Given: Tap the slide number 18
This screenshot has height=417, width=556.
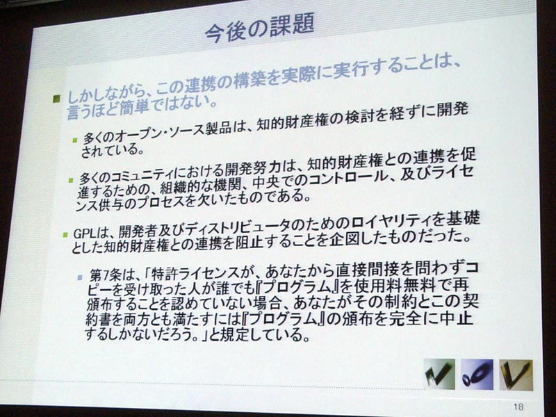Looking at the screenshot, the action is pos(518,407).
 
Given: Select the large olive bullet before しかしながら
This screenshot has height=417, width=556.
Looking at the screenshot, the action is pos(56,99).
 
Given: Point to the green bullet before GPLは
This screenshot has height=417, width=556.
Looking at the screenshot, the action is pos(65,235).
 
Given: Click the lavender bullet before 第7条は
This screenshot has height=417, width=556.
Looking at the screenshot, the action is pos(80,277).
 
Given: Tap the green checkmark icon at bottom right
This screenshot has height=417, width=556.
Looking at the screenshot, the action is pos(439,374).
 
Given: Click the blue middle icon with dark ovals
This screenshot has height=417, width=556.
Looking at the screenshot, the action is pos(477,375).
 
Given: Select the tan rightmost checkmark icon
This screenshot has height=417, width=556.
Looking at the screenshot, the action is pos(516,375).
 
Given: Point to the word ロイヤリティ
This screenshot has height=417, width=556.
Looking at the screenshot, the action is pos(391,222).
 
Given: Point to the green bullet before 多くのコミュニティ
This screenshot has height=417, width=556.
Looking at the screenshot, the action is pos(72,181).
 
